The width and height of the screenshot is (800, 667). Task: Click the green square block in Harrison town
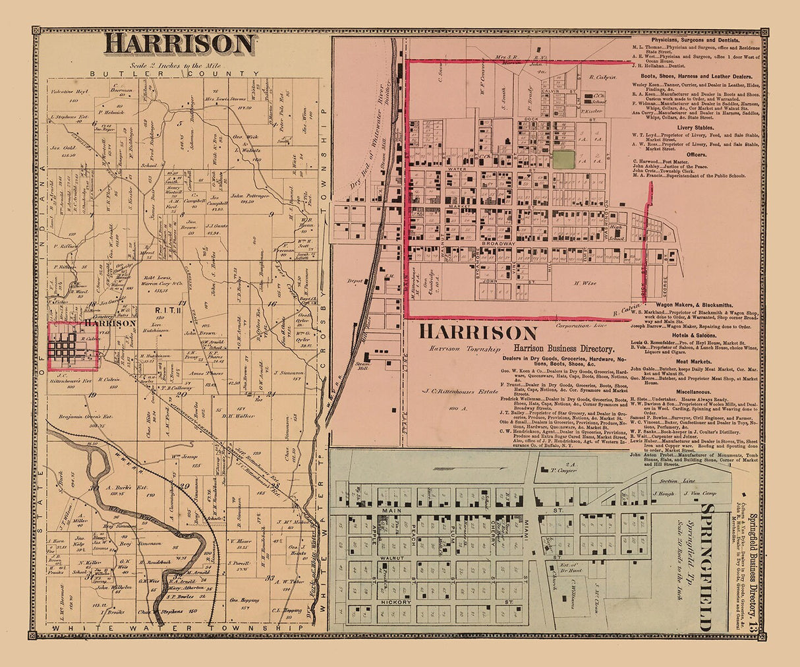click(x=563, y=159)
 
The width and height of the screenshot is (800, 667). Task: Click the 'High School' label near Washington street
click(x=616, y=230)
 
